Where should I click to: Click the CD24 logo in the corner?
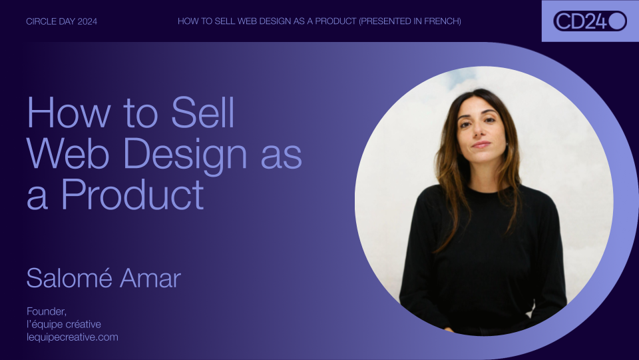click(590, 21)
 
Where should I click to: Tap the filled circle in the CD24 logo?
click(617, 21)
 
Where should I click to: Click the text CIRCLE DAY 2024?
click(61, 21)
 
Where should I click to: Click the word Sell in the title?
click(202, 113)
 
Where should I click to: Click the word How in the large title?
click(65, 113)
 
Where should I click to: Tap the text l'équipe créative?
click(64, 324)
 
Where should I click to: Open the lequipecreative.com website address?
click(73, 337)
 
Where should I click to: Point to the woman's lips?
click(481, 144)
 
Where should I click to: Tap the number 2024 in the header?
click(87, 21)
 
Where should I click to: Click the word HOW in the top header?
click(188, 21)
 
